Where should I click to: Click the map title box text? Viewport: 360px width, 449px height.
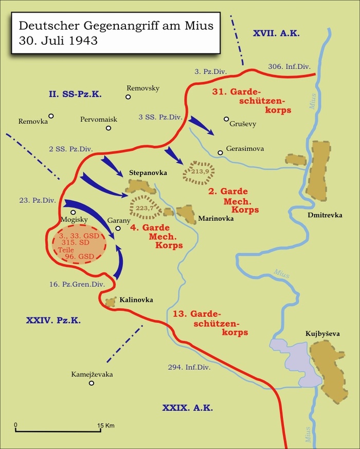tap(116, 32)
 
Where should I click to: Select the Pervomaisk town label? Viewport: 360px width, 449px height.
tap(99, 120)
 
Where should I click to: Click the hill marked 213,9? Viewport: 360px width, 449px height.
tap(200, 172)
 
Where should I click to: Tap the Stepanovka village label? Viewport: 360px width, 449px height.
tap(148, 173)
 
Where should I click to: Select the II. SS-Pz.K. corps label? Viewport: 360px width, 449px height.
tap(75, 94)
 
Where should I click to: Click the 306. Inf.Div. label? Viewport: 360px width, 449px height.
tap(289, 66)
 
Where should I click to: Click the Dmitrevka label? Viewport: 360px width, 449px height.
tap(325, 215)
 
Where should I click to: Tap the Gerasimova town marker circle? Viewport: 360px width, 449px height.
tap(220, 152)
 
